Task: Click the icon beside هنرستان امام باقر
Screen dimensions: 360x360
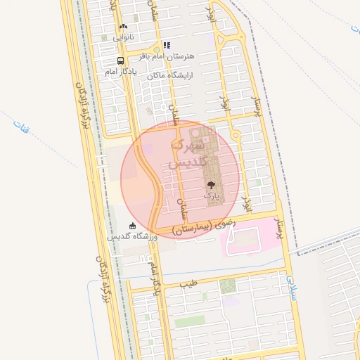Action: click(x=167, y=45)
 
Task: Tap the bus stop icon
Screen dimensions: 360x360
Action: click(x=121, y=60)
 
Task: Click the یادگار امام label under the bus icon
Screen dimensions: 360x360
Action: click(x=119, y=72)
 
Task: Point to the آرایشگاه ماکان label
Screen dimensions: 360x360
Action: click(x=175, y=74)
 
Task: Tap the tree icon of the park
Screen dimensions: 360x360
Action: click(x=211, y=185)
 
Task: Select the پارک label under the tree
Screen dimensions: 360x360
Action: click(x=212, y=195)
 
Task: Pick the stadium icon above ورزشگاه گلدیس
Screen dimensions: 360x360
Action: click(x=132, y=226)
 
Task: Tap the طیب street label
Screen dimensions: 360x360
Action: click(x=188, y=284)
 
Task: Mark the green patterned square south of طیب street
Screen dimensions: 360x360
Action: click(x=227, y=286)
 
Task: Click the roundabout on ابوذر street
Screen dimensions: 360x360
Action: click(x=236, y=134)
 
